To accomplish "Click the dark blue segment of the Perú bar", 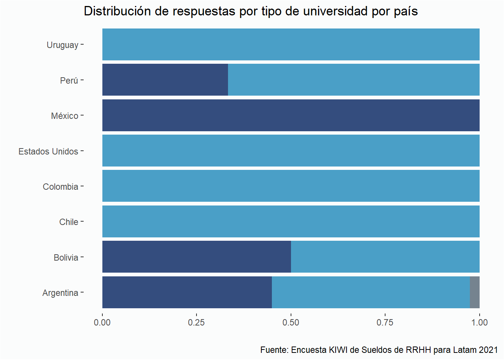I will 165,80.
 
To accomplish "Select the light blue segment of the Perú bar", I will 354,80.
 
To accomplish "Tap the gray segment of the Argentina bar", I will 475,292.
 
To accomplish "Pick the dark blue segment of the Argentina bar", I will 187,292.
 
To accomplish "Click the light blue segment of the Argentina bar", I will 370,292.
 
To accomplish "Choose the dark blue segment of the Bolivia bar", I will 196,257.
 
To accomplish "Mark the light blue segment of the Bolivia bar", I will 385,257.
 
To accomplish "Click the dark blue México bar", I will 291,115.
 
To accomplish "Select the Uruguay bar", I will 291,45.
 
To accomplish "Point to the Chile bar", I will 291,222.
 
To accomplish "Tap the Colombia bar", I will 291,186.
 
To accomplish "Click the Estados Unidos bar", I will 291,151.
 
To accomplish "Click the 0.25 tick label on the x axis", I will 196,322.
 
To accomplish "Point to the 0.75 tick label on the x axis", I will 385,322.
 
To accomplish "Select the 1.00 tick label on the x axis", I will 479,322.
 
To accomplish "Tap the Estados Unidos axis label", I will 48,151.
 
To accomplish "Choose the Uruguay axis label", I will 62,45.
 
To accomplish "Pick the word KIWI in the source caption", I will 338,350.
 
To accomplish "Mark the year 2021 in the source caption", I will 488,350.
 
